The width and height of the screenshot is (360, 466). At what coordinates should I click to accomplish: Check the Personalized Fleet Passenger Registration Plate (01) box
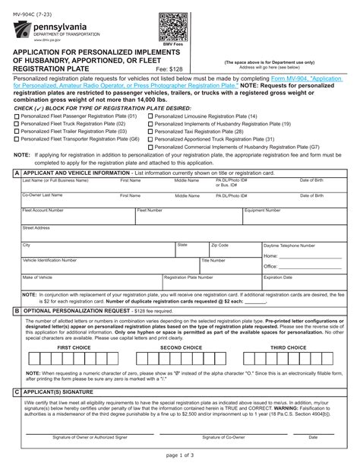point(17,116)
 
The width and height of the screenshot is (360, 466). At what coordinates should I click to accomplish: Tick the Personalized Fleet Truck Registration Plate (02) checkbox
point(17,123)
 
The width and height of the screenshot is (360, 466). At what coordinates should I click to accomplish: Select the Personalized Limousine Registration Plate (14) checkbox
point(150,116)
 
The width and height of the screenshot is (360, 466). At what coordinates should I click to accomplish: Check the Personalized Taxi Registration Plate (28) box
point(150,131)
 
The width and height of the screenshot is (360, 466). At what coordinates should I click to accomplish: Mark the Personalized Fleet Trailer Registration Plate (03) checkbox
point(17,131)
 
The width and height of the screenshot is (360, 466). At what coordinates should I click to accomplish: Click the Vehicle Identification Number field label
point(49,259)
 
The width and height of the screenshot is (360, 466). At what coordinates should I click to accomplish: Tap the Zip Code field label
point(220,245)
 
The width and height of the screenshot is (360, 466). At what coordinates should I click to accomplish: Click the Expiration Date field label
point(278,277)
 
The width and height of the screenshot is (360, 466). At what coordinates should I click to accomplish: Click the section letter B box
point(17,311)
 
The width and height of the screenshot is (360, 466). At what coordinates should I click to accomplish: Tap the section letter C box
point(17,390)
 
